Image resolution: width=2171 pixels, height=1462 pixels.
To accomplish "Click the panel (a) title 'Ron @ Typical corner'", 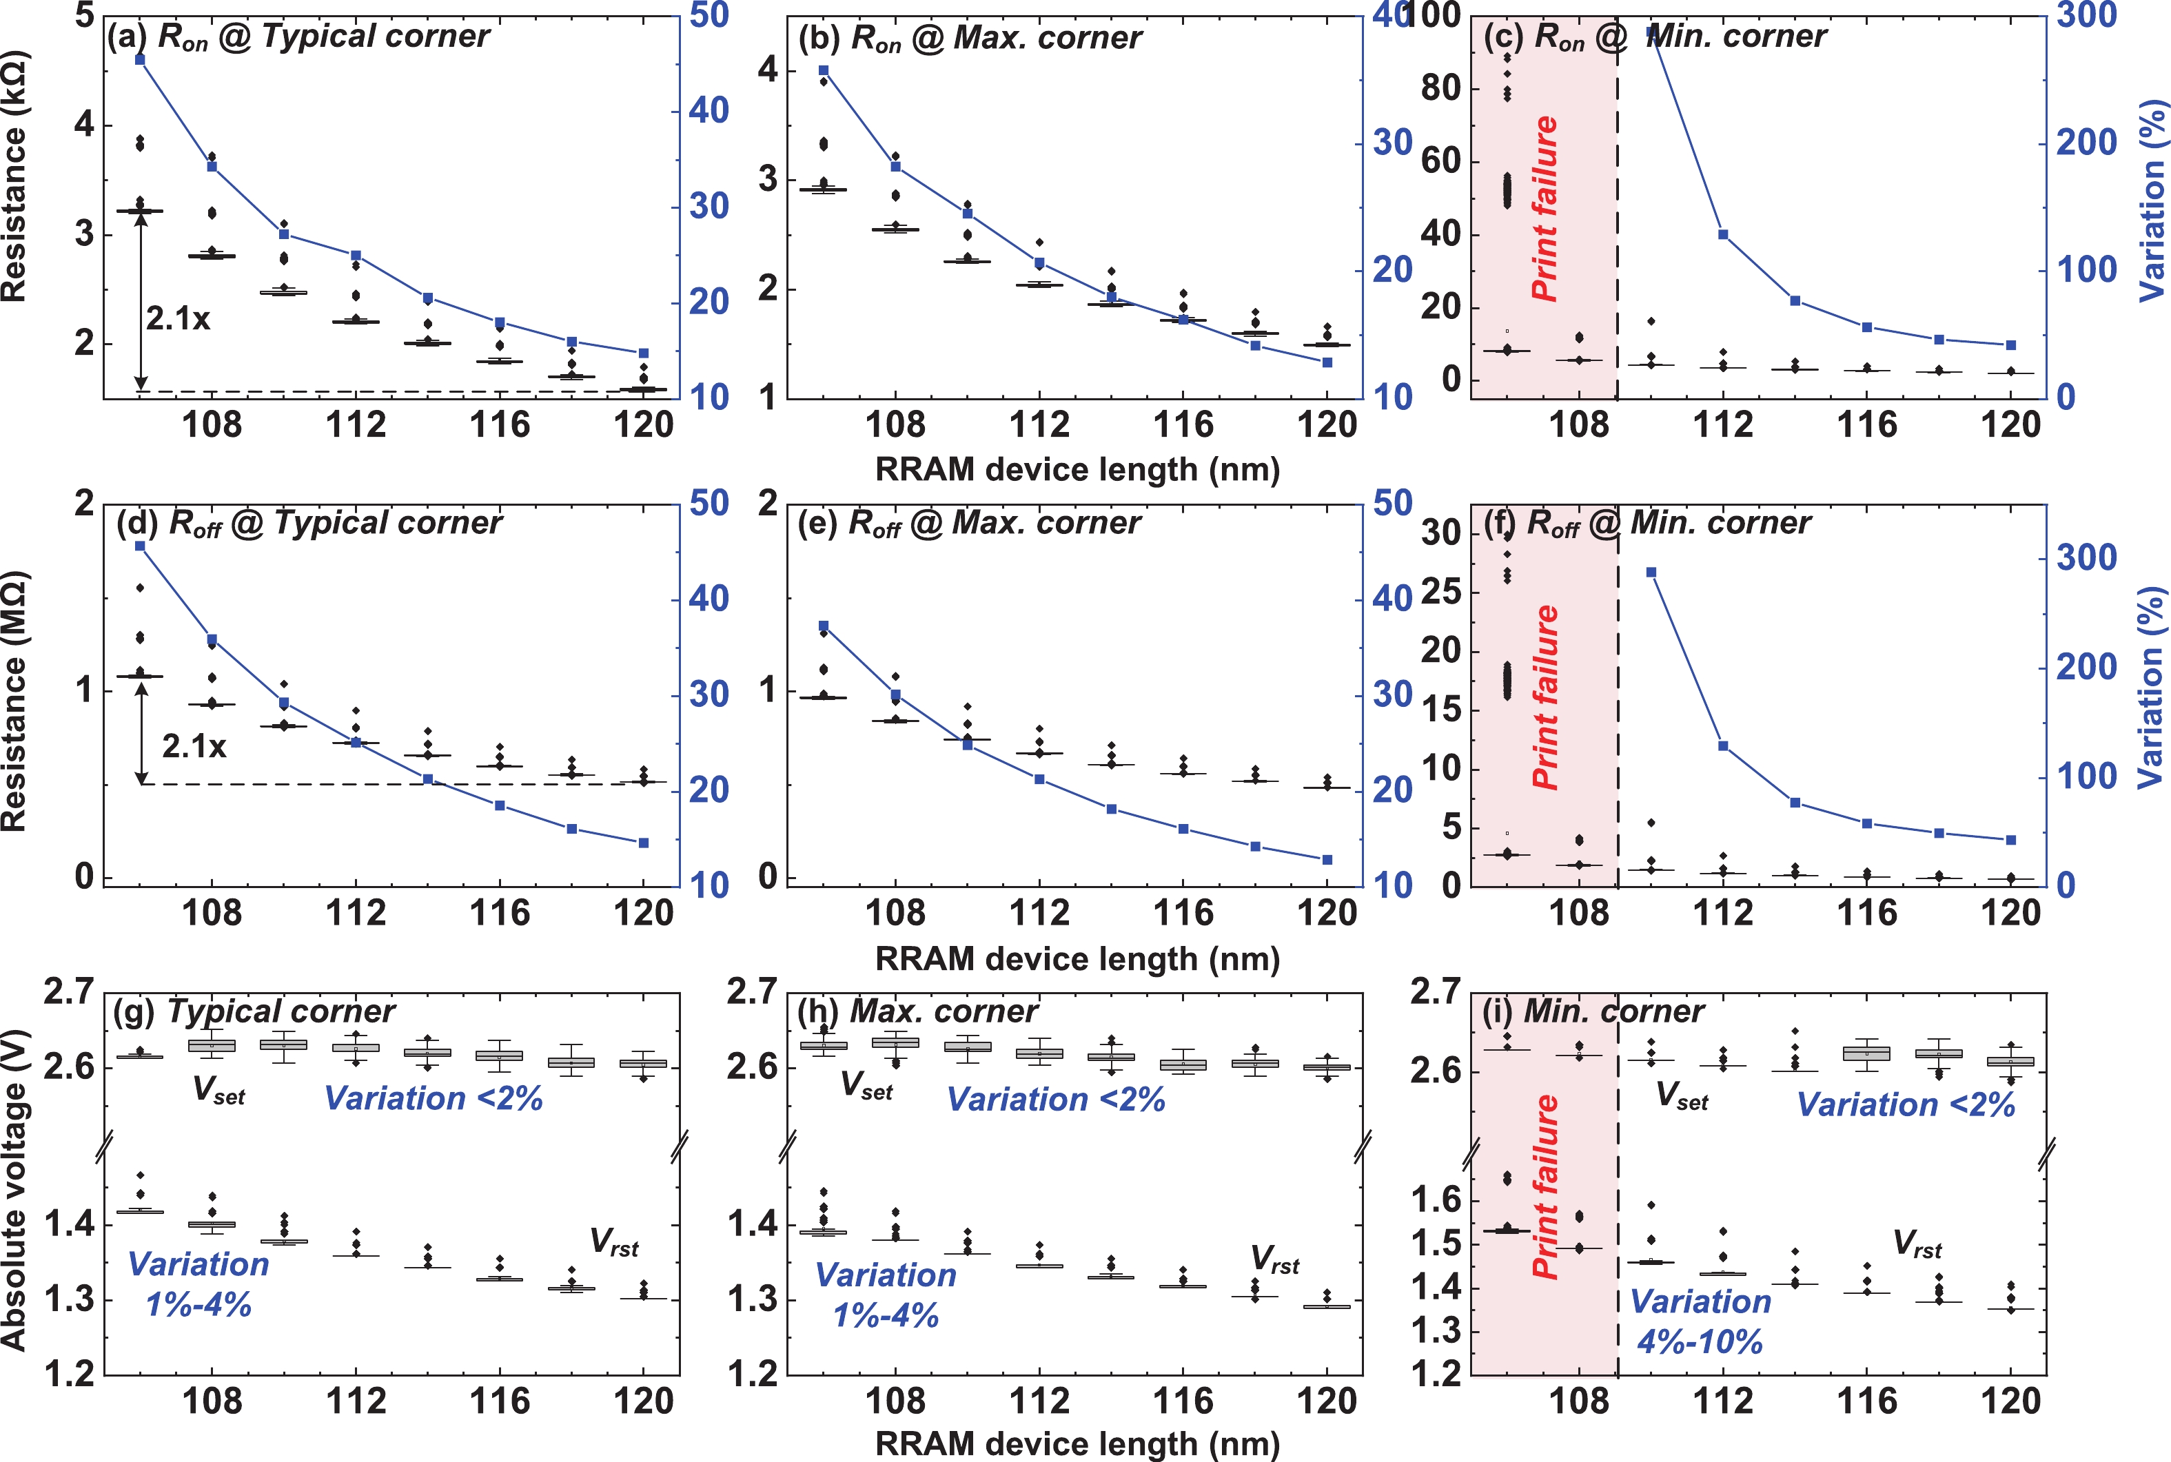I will point(298,37).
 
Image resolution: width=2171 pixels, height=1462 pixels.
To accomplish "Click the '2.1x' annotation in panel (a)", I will point(177,319).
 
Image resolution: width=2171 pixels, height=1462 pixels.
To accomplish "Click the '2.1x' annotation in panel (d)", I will point(194,746).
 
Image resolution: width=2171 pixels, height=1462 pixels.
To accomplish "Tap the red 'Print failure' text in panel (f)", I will point(1545,697).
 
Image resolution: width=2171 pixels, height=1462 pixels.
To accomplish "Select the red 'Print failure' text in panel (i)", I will point(1545,1185).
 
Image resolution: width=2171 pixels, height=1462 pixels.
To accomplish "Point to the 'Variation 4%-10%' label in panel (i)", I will point(1700,1321).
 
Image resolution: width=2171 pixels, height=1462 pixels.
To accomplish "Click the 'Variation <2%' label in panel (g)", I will point(434,1098).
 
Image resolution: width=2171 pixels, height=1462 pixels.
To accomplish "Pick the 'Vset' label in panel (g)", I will point(218,1090).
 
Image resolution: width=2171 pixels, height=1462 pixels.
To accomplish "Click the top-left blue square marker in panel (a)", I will point(140,60).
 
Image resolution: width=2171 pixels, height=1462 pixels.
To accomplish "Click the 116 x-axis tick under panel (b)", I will point(1183,425).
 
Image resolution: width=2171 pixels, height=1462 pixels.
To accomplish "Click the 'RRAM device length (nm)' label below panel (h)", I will point(1077,1443).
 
